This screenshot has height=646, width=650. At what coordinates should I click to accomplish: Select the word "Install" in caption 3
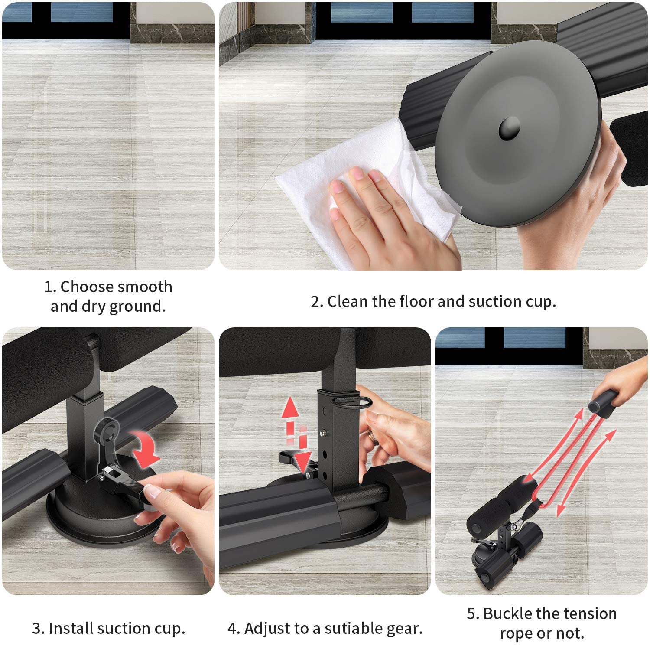pyautogui.click(x=71, y=628)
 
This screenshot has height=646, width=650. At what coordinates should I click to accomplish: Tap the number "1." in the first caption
pyautogui.click(x=50, y=287)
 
